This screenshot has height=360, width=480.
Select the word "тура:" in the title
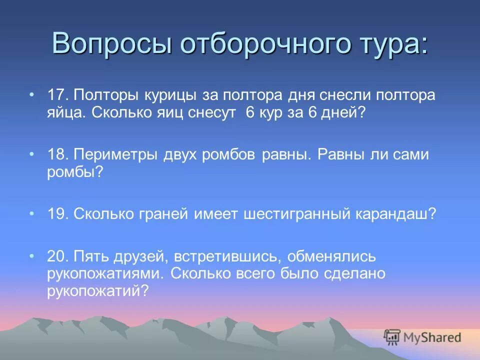point(392,43)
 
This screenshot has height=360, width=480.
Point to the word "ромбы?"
point(75,172)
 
